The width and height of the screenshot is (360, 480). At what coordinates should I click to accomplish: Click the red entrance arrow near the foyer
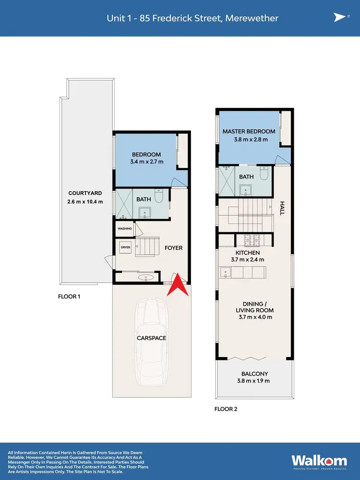coord(178,284)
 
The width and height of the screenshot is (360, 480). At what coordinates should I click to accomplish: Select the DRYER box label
coord(126,247)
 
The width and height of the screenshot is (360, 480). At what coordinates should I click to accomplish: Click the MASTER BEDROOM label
coord(249,132)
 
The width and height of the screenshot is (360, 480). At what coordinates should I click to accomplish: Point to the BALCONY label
coord(254,374)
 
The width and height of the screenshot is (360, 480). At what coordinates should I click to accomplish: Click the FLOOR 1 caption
coord(69,297)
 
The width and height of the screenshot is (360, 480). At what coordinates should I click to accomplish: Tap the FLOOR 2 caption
coord(226,409)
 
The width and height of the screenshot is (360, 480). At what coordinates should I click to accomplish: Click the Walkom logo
coord(316,459)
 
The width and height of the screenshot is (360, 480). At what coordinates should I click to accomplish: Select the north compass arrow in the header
coord(339,18)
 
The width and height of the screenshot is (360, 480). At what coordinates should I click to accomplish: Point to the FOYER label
coord(173,248)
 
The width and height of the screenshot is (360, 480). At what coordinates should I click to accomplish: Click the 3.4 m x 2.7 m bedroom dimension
coord(146,162)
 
